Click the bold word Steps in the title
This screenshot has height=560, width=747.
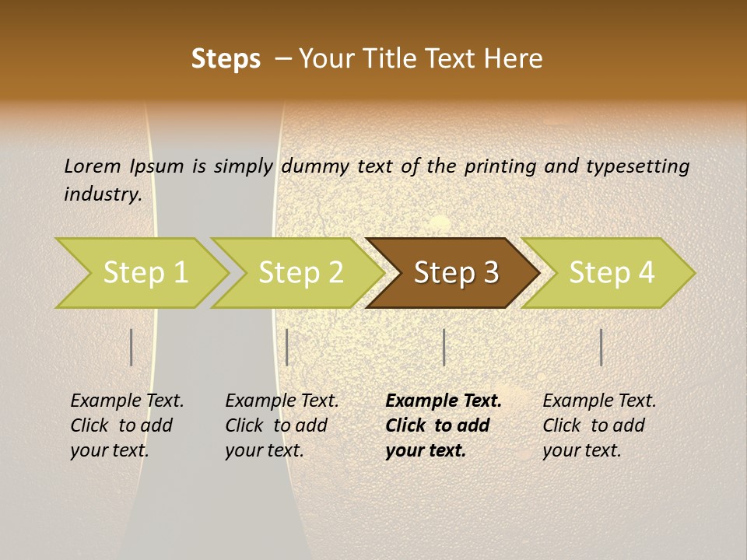coord(226,58)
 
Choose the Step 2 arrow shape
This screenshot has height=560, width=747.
coord(300,273)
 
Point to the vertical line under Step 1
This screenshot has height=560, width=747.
coord(132,347)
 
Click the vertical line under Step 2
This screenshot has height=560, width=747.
coord(287,347)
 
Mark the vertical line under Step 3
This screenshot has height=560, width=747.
coord(444,347)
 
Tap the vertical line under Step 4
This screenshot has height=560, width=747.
coord(601,347)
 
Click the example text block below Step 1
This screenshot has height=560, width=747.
coord(127,425)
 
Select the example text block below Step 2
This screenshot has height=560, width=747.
coord(282,425)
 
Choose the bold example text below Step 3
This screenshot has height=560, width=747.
coord(444,425)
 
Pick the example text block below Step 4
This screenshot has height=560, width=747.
coord(599,425)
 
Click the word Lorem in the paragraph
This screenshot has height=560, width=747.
coord(92,166)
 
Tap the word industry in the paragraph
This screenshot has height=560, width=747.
coord(102,194)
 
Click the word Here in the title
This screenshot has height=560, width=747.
coord(517,58)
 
